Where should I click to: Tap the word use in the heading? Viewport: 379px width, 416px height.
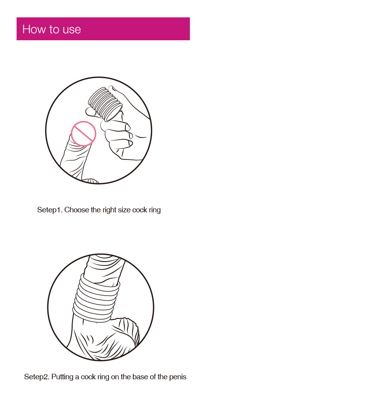pyautogui.click(x=72, y=30)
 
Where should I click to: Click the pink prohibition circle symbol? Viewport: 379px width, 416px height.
pyautogui.click(x=83, y=133)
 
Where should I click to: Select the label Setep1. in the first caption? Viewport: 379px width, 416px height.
pyautogui.click(x=50, y=210)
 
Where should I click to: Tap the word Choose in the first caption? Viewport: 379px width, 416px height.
pyautogui.click(x=77, y=210)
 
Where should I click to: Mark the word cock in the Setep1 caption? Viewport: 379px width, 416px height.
pyautogui.click(x=140, y=210)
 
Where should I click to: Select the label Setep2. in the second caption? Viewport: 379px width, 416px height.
pyautogui.click(x=37, y=377)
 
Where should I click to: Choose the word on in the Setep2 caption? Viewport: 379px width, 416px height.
pyautogui.click(x=114, y=377)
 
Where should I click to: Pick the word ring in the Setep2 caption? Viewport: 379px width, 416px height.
pyautogui.click(x=103, y=377)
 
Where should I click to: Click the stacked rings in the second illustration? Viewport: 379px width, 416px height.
pyautogui.click(x=96, y=298)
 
